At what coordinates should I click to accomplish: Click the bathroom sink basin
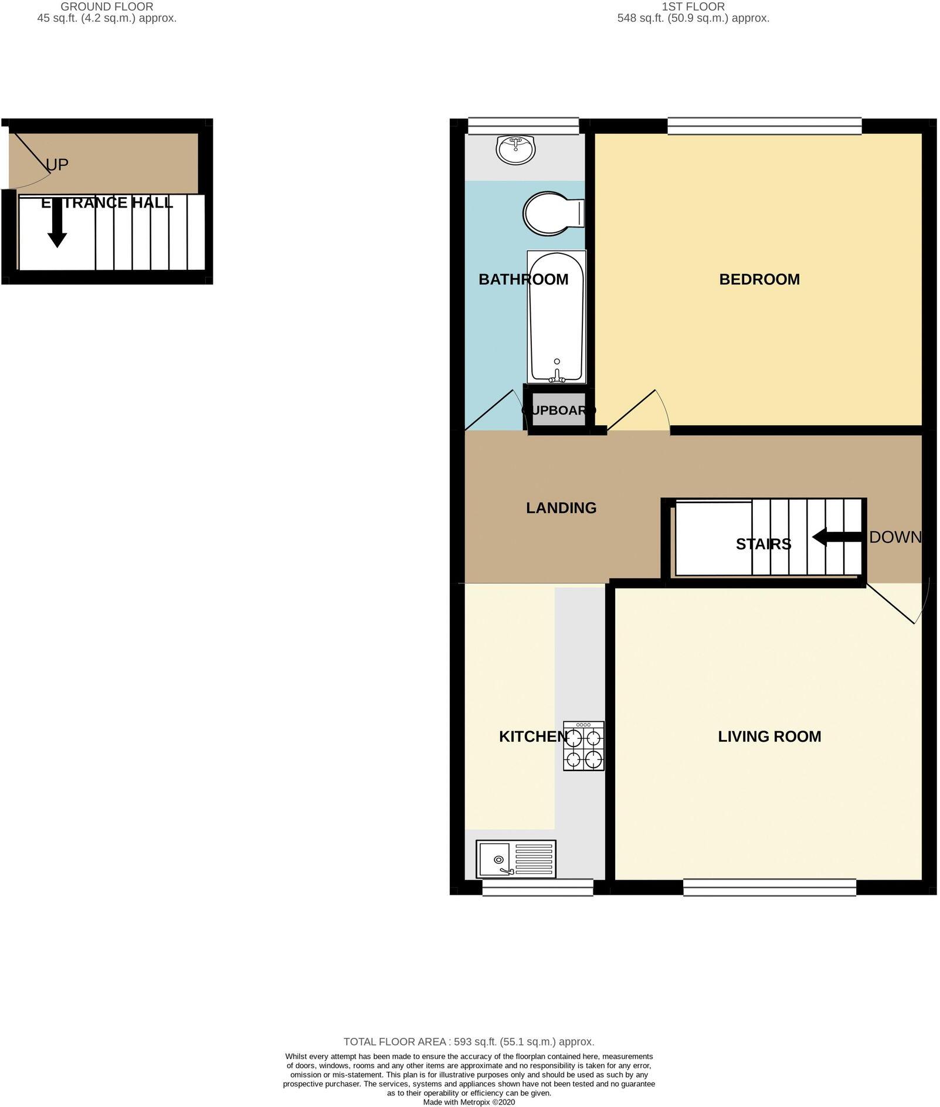tap(515, 149)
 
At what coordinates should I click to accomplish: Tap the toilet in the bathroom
tap(552, 213)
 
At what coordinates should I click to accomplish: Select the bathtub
tap(556, 317)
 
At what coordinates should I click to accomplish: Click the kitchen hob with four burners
tap(583, 745)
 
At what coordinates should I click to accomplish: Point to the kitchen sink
tap(516, 859)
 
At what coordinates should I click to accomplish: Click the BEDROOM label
tap(759, 279)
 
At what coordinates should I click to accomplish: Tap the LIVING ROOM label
tap(769, 736)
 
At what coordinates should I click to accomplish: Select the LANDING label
tap(561, 508)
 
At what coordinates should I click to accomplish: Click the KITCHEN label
tap(533, 736)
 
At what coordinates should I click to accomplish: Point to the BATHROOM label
tap(523, 279)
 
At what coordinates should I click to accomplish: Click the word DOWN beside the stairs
tap(895, 536)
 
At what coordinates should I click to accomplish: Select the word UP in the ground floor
tap(57, 165)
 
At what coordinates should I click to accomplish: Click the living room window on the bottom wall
tap(769, 887)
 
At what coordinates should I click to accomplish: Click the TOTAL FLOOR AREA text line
tap(469, 1041)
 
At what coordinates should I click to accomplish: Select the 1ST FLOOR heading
tap(693, 7)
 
